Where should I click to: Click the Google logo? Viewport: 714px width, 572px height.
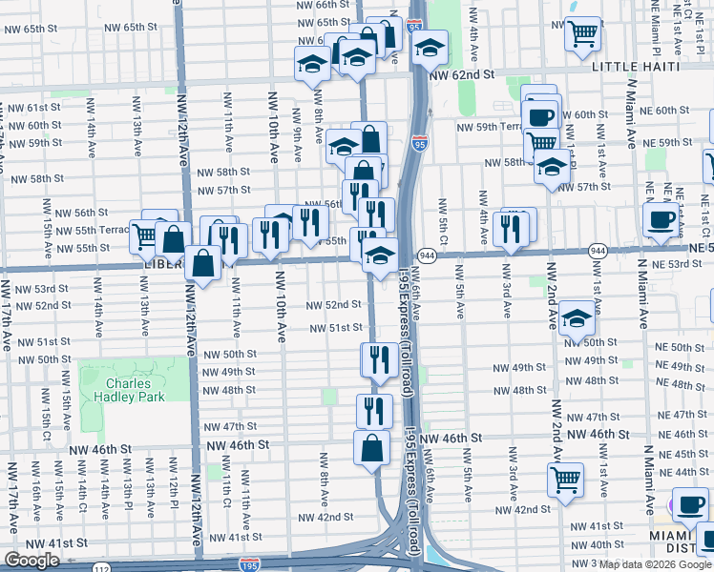pyautogui.click(x=31, y=561)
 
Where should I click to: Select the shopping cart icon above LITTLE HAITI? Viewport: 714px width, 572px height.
pyautogui.click(x=581, y=35)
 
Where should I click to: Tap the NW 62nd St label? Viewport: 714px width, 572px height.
pyautogui.click(x=463, y=73)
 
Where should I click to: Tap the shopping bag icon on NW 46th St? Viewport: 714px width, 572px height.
pyautogui.click(x=371, y=447)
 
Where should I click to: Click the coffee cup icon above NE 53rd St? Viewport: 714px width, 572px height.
pyautogui.click(x=660, y=220)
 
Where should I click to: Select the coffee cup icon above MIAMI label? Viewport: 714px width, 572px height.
pyautogui.click(x=689, y=504)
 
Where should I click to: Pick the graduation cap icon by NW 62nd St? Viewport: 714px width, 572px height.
pyautogui.click(x=430, y=47)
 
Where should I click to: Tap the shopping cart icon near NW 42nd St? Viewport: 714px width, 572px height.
pyautogui.click(x=565, y=480)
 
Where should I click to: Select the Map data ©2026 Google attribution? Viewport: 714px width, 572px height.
pyautogui.click(x=654, y=564)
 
